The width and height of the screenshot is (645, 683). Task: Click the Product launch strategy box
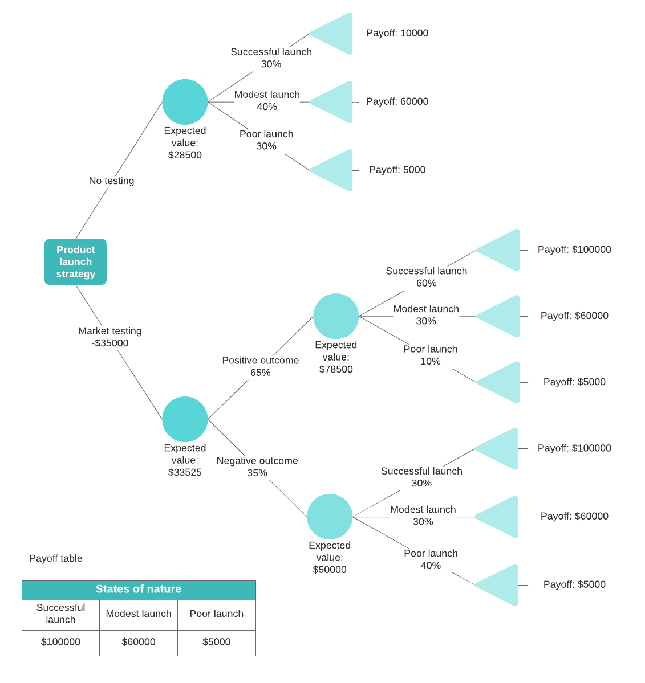click(75, 262)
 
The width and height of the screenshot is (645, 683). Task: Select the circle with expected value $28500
click(185, 102)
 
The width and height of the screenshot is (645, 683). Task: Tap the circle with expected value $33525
click(185, 419)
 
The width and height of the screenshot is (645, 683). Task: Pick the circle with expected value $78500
click(336, 316)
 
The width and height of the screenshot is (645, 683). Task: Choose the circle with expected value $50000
click(330, 517)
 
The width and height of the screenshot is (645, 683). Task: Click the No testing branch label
click(111, 181)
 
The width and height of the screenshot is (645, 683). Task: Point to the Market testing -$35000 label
click(110, 337)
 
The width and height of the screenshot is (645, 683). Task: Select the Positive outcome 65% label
click(260, 366)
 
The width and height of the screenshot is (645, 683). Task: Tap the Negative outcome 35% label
click(257, 467)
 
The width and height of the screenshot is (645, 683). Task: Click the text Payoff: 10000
click(397, 33)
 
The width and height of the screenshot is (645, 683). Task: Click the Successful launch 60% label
click(426, 277)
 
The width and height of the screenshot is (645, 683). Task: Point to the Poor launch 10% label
click(431, 355)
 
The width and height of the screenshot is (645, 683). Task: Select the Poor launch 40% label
click(431, 559)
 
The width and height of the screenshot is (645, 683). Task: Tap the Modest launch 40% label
click(267, 100)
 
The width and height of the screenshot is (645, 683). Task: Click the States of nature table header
click(139, 590)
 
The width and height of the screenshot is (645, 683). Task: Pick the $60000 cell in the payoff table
click(139, 642)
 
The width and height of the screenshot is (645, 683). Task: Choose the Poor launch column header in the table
click(216, 614)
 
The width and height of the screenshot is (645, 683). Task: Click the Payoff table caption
click(56, 558)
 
